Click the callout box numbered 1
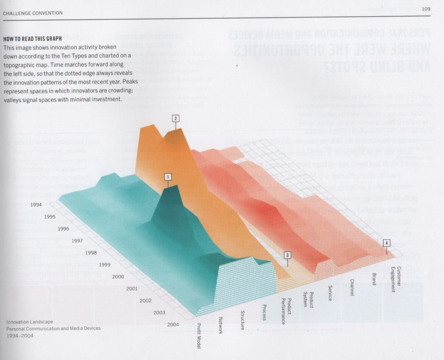tap(167, 177)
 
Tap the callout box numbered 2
tap(176, 118)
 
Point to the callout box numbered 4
tap(386, 242)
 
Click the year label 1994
tap(37, 205)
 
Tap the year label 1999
tap(105, 265)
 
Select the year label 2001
tap(132, 288)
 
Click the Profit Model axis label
tap(199, 335)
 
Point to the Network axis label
tap(221, 327)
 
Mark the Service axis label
tap(330, 293)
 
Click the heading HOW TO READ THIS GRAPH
tap(32, 39)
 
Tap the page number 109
tap(426, 8)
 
